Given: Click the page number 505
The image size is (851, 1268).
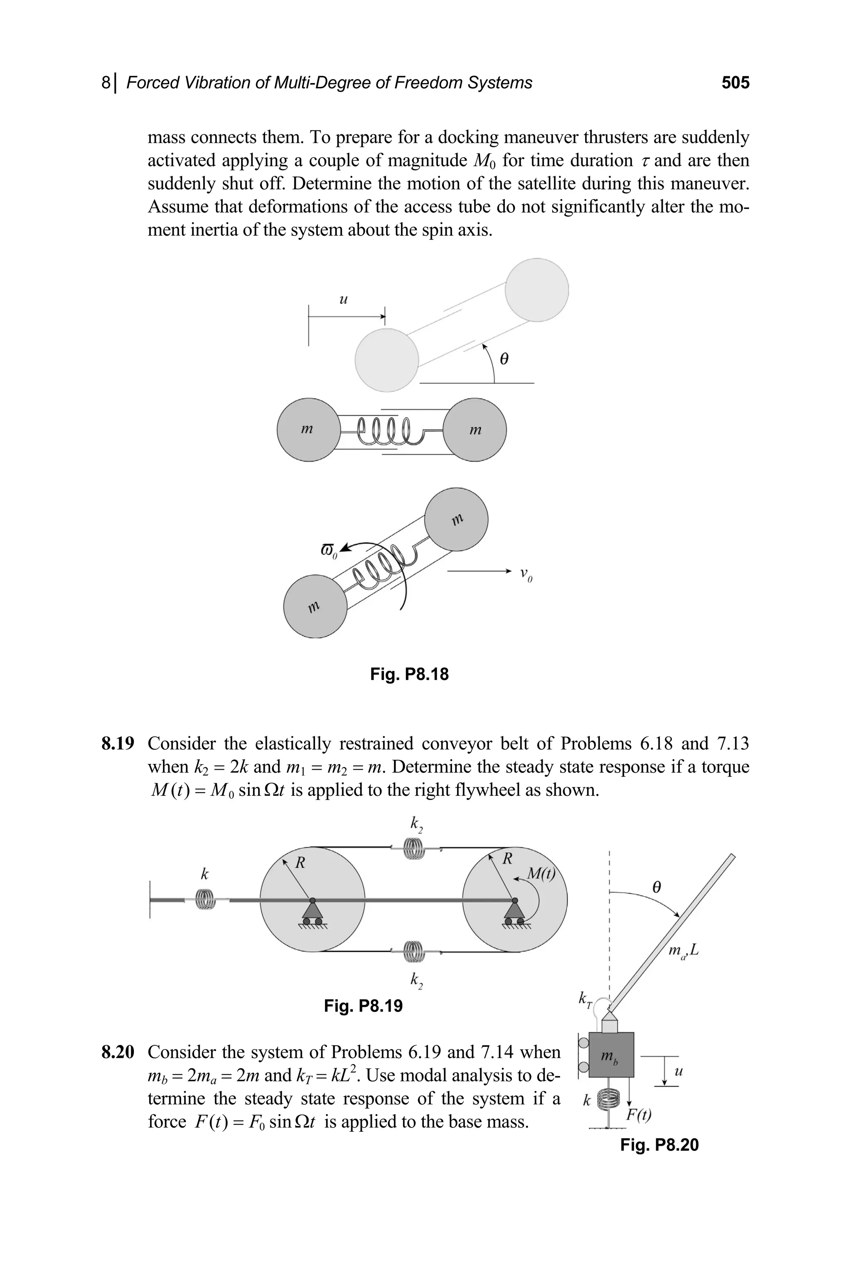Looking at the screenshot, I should (735, 83).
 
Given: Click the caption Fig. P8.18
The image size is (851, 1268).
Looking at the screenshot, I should (409, 674).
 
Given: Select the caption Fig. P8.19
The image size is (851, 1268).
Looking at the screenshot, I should (363, 1006).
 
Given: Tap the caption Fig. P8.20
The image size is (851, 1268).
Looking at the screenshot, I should (659, 1145).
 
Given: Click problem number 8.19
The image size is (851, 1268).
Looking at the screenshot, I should (117, 744).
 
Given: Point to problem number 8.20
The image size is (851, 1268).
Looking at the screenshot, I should (117, 1052).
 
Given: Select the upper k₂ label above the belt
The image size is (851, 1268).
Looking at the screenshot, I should (416, 825).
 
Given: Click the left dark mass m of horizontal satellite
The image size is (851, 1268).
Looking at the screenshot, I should (308, 430).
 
